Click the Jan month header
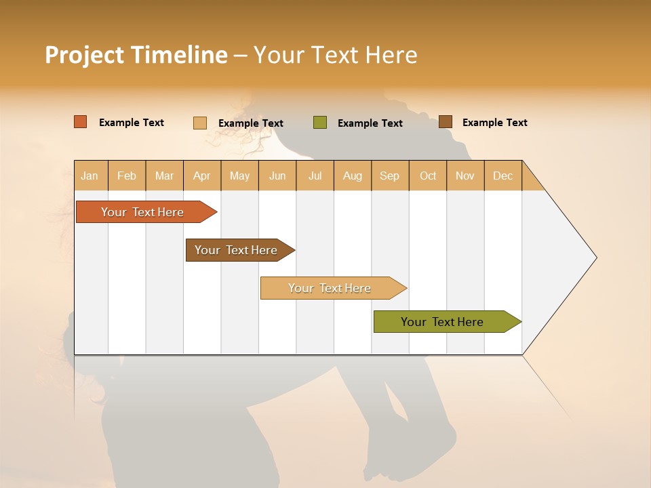tap(90, 176)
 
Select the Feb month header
tap(127, 176)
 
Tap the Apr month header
tap(201, 176)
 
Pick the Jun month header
tap(277, 176)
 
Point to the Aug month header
tap(352, 176)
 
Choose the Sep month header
tap(389, 176)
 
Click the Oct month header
tap(428, 176)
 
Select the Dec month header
tap(502, 176)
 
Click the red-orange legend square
tap(81, 122)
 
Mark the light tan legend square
tap(200, 123)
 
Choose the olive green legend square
tap(320, 123)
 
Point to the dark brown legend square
tap(446, 122)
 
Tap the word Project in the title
tap(85, 55)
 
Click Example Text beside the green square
tap(370, 123)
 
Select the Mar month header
tap(164, 176)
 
